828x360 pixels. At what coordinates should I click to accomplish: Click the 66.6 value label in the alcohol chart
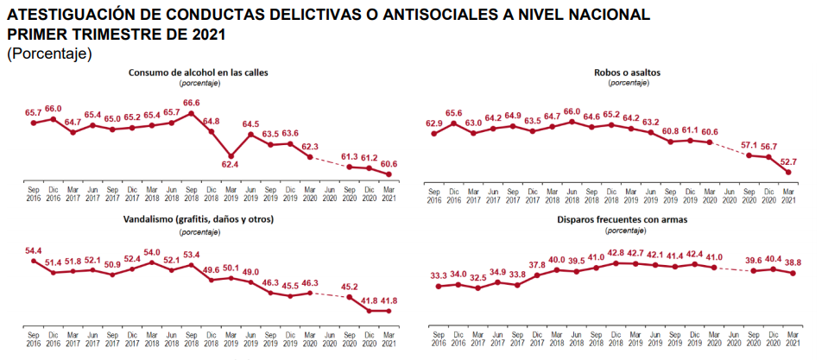(192, 103)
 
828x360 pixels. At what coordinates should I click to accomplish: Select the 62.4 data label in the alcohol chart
(231, 164)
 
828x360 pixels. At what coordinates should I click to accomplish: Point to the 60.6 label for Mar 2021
(389, 164)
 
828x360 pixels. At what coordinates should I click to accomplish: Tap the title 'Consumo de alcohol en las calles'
(199, 73)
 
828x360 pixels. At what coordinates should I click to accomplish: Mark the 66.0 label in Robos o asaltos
(572, 111)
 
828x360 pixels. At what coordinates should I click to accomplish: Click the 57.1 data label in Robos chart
(747, 145)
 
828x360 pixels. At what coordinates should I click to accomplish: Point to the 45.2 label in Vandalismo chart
(350, 287)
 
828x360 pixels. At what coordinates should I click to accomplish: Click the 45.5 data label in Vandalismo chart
(290, 286)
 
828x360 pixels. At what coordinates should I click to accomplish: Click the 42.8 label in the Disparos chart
(615, 253)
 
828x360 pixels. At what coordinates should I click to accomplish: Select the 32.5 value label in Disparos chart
(477, 278)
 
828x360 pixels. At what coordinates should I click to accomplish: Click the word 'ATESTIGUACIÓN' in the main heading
(72, 16)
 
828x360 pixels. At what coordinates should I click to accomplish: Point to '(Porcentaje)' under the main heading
(48, 54)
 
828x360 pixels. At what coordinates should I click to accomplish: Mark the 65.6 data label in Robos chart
(453, 113)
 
